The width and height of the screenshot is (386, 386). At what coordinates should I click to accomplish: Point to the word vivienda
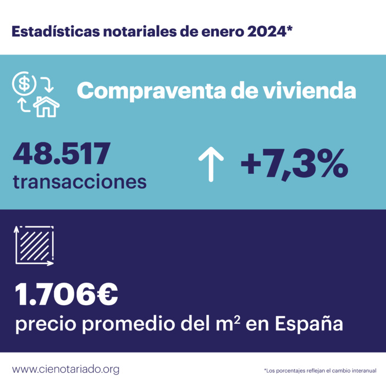point(318,91)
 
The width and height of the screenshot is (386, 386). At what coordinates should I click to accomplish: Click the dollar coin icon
point(24,84)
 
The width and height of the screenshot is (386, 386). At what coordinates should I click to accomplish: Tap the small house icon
point(46,106)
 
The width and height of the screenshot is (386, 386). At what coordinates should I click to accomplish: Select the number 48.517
point(62,154)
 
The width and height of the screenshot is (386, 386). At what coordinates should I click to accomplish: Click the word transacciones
point(80,181)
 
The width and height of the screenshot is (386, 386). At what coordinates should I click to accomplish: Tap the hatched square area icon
point(34,246)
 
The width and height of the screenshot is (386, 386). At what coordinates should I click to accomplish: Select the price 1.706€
point(66,295)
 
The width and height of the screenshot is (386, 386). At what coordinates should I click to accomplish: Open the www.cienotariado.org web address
point(65,369)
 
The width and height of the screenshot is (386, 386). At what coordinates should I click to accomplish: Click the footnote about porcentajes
point(320,371)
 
